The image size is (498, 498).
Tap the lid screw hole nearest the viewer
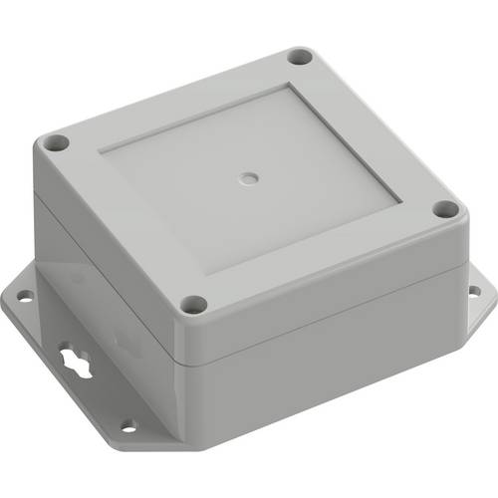[x=195, y=304]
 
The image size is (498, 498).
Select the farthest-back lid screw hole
[x=299, y=58]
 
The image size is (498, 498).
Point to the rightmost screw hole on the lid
[x=445, y=210]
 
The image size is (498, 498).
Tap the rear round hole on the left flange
[x=23, y=295]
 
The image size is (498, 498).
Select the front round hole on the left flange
[x=127, y=425]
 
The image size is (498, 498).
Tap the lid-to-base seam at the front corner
[x=183, y=358]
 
